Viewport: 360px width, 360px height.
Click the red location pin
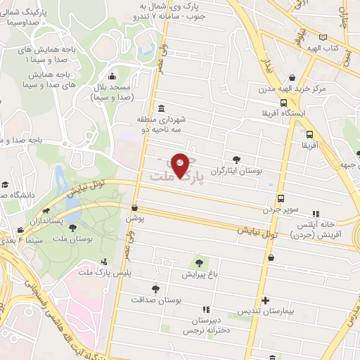181,166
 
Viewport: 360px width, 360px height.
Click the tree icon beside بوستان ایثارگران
236,160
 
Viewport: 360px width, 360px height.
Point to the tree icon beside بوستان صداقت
155,288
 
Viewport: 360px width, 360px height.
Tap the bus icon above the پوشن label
134,208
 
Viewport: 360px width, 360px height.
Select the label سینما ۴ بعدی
15,240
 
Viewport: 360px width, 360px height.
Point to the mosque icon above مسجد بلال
112,77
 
